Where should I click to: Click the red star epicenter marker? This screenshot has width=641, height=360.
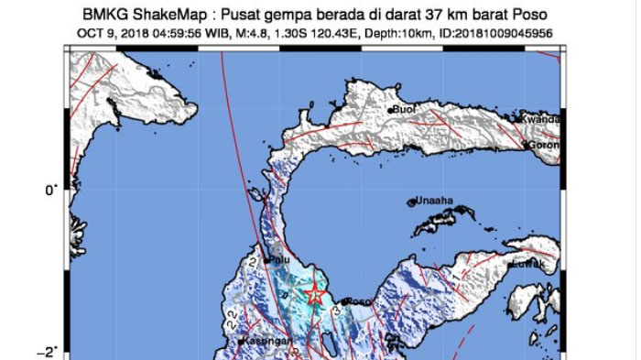coord(315,294)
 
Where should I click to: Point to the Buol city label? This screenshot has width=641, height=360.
coord(405,110)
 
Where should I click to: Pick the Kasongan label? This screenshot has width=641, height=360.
coord(268,341)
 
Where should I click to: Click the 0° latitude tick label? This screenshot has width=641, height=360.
coord(50,190)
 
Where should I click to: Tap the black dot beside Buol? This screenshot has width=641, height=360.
coord(391,111)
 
